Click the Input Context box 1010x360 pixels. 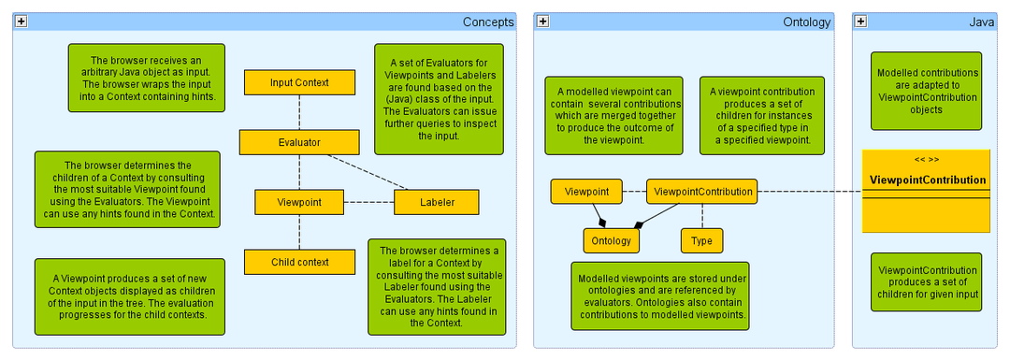[x=299, y=82]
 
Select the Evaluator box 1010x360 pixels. [x=299, y=142]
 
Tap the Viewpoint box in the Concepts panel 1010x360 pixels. [x=299, y=202]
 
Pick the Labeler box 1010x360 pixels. [x=437, y=202]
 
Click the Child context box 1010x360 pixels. [x=299, y=262]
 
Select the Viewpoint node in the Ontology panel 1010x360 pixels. [x=586, y=192]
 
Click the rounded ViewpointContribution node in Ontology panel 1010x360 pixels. [x=701, y=192]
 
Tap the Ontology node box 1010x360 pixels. [x=611, y=240]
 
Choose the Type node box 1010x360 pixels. [x=701, y=240]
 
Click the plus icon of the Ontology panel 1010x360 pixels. [x=542, y=22]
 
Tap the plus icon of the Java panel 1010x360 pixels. [x=860, y=22]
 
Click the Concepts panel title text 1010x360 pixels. [x=488, y=22]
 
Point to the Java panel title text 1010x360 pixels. [x=981, y=22]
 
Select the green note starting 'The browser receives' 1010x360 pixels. [x=145, y=78]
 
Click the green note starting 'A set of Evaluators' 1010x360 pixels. [x=439, y=98]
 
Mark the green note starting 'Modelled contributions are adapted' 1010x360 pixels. [x=928, y=91]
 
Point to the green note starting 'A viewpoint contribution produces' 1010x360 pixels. [x=762, y=116]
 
